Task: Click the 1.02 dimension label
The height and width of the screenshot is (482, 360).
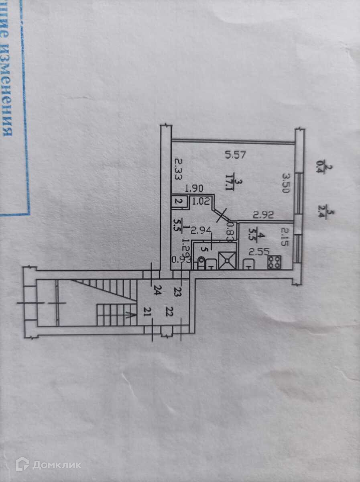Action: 199,201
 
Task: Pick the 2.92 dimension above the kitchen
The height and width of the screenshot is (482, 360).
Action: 263,215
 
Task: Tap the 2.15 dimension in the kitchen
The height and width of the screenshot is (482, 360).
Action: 285,237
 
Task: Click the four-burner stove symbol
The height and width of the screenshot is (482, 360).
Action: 275,263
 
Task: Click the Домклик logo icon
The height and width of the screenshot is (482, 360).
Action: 22,464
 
